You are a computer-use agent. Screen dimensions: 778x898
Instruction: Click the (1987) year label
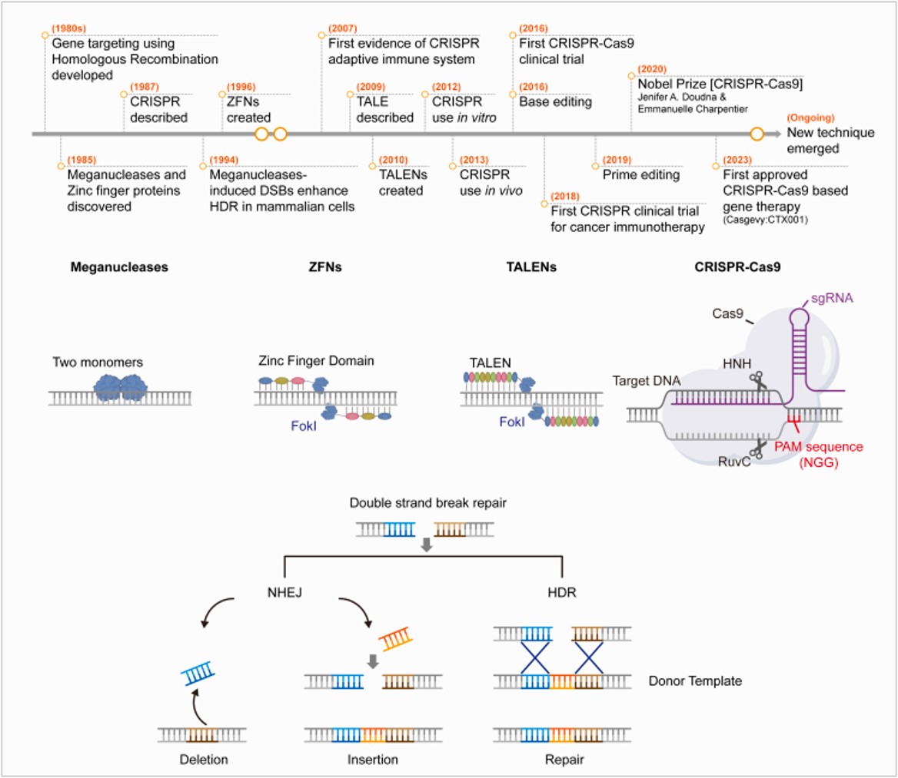coord(145,88)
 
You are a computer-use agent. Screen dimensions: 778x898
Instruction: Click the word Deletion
coord(202,759)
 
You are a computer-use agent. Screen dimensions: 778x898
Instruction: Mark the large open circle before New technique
coord(757,134)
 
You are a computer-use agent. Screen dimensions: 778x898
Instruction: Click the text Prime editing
coord(640,174)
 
